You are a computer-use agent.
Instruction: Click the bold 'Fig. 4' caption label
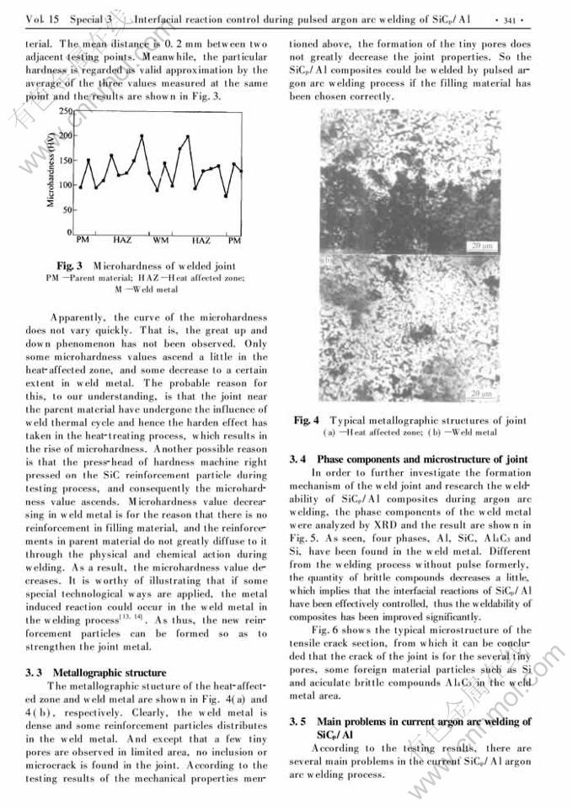(x=306, y=420)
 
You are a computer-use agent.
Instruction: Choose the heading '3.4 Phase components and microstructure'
(x=408, y=459)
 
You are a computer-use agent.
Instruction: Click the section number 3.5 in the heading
(x=298, y=721)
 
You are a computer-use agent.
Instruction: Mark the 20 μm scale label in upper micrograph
(x=481, y=246)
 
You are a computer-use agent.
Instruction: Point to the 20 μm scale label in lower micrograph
(x=481, y=393)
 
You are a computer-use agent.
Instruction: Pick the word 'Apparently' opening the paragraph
(x=78, y=317)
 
